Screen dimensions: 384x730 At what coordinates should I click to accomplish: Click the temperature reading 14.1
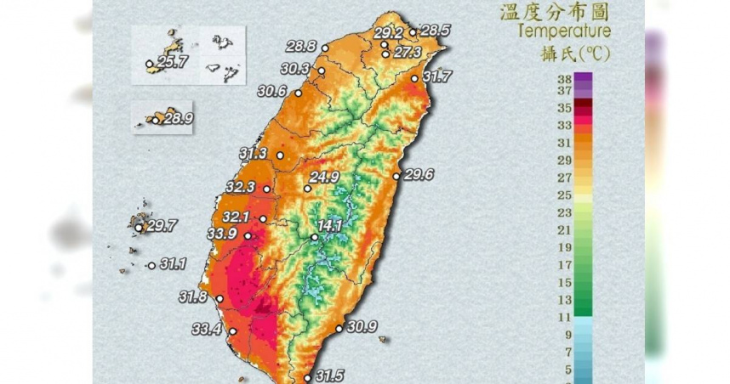click(x=330, y=226)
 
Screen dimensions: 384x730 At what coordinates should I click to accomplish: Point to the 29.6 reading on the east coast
click(x=419, y=174)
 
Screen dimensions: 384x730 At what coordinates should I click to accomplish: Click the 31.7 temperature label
click(x=437, y=76)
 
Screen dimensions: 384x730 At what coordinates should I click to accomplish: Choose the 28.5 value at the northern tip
click(x=436, y=31)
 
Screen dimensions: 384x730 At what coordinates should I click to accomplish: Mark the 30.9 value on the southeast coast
click(x=362, y=326)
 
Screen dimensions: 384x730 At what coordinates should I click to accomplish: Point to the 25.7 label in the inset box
click(x=172, y=62)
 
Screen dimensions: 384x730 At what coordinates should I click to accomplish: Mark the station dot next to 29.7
click(x=140, y=227)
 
